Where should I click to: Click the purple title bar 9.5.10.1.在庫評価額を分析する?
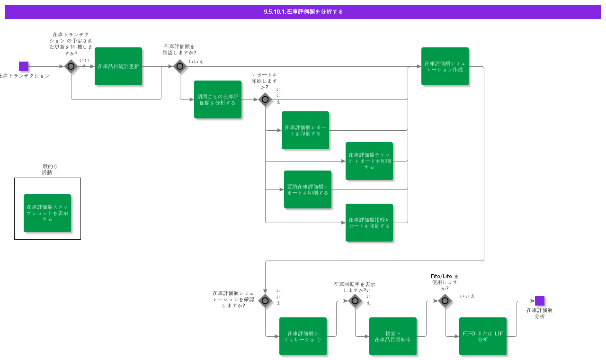click(303, 12)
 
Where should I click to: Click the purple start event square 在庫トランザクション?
click(24, 66)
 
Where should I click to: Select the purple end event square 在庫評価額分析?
click(540, 301)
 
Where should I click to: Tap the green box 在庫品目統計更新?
click(118, 66)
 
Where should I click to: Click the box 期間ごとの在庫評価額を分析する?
click(218, 99)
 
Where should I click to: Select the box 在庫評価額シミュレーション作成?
click(445, 66)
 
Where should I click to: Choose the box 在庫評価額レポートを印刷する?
click(305, 130)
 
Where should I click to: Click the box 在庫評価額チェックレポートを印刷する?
click(369, 161)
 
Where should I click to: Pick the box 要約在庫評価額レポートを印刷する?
click(308, 189)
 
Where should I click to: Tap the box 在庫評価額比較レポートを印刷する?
click(369, 223)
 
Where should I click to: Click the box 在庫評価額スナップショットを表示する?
click(47, 213)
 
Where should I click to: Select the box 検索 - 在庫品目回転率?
click(393, 336)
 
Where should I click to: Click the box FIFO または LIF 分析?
click(483, 336)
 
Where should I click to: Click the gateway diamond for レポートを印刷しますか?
click(265, 99)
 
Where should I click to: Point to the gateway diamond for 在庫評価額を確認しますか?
click(180, 66)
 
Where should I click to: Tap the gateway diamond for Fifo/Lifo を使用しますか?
click(445, 301)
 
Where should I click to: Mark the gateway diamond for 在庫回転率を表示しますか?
click(355, 301)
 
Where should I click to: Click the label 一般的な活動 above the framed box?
click(47, 170)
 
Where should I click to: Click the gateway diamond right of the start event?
click(71, 66)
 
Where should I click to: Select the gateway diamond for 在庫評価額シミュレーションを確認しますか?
click(265, 301)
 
